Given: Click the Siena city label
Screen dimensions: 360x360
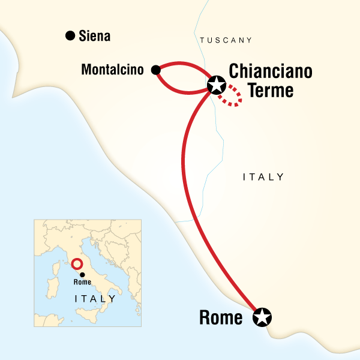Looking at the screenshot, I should click(95, 37).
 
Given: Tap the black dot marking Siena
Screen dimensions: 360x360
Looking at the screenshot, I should click(70, 36).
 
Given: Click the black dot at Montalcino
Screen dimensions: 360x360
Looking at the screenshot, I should click(156, 70).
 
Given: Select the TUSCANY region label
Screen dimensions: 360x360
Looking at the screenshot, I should click(225, 40).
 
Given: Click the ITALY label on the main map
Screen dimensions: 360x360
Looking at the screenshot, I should click(263, 177).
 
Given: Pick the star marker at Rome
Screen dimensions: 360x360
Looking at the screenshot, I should click(262, 317).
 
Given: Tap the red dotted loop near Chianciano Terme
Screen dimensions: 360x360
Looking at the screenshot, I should click(232, 97).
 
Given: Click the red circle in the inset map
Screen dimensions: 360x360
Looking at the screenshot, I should click(76, 264).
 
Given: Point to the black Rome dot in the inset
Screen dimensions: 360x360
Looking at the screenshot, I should click(82, 274).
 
